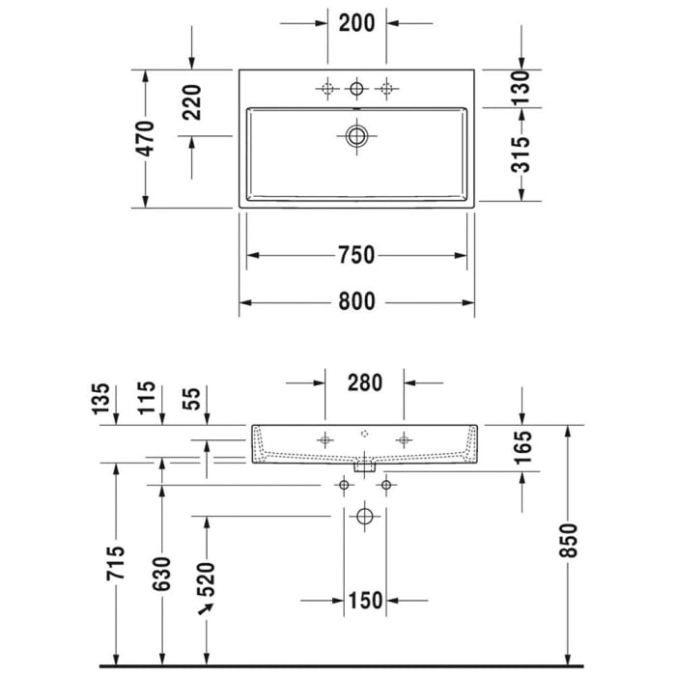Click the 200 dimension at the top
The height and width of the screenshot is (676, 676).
(356, 25)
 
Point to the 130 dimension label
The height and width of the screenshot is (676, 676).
(521, 89)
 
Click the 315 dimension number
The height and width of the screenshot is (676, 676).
(521, 155)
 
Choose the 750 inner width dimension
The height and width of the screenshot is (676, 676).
(356, 256)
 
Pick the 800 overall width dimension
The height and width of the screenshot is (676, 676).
(356, 302)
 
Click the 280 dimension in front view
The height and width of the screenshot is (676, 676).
(364, 382)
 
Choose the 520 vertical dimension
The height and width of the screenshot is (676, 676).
(207, 579)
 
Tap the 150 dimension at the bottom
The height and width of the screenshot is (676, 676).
(364, 602)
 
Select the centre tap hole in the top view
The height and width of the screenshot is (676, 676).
(356, 90)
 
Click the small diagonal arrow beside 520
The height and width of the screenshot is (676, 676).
(205, 610)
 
